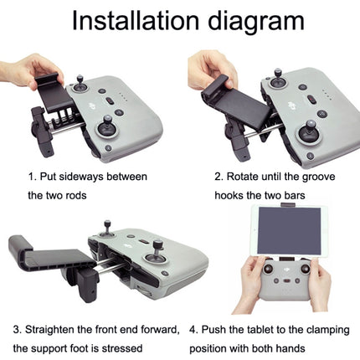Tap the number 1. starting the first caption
pyautogui.click(x=31, y=177)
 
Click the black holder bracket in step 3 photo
pyautogui.click(x=42, y=252)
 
